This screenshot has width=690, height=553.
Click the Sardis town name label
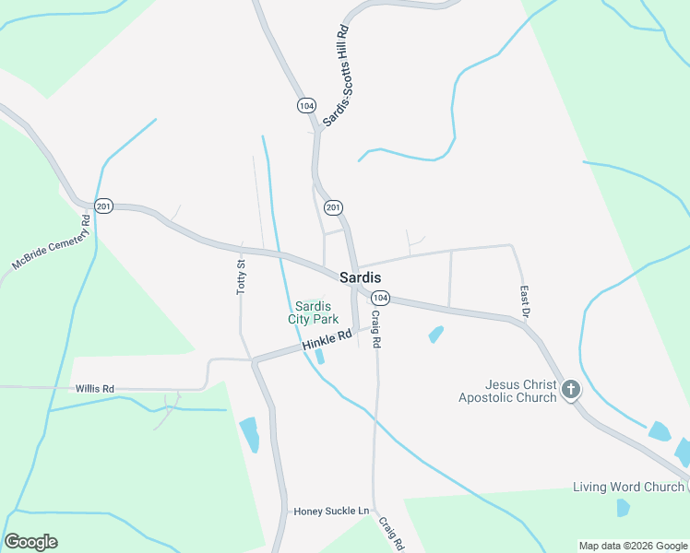(361, 276)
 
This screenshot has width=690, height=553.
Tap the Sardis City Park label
(316, 313)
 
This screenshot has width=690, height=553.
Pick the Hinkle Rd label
(327, 340)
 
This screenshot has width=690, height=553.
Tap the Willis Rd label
(95, 389)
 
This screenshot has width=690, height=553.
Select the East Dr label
(524, 301)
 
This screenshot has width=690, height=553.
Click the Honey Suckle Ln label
(331, 511)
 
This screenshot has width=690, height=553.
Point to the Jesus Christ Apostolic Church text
(508, 391)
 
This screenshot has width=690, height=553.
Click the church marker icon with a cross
(571, 389)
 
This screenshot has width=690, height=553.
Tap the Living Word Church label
(627, 487)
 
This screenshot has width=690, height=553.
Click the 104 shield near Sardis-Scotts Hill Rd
(306, 105)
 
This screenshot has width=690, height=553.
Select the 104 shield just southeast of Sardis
(381, 298)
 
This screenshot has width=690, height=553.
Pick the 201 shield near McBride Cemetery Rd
(103, 206)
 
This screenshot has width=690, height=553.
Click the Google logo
(30, 542)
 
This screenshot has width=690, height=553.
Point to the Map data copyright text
(634, 546)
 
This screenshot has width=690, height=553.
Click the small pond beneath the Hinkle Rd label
(319, 356)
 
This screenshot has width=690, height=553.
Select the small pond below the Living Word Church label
(623, 507)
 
